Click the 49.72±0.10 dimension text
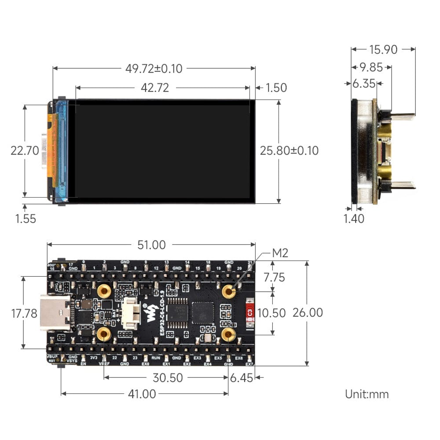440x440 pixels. (154, 69)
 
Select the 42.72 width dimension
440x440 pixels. (154, 88)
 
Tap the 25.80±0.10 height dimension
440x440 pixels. (289, 150)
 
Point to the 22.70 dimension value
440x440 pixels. (25, 150)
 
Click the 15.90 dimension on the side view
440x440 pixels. (383, 50)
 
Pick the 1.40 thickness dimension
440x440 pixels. (354, 218)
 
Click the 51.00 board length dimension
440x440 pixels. (151, 245)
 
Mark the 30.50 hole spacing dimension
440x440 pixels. (168, 378)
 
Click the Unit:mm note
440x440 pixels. (367, 394)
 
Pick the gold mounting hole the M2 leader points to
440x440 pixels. (228, 291)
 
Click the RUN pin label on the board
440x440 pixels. (156, 359)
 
